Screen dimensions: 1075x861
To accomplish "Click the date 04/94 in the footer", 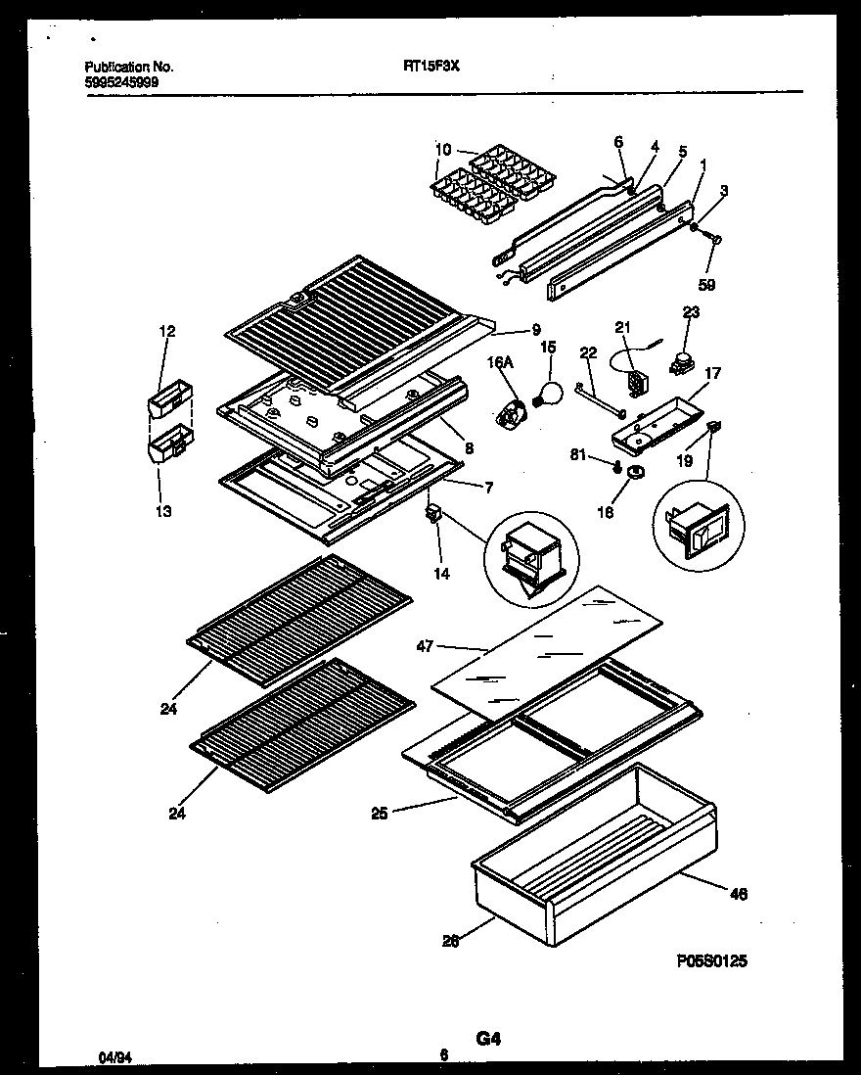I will point(113,1057).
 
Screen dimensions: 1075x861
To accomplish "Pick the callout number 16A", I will point(500,363).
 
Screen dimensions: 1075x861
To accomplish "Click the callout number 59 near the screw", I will point(707,286).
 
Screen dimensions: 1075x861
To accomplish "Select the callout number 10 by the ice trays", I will point(443,150).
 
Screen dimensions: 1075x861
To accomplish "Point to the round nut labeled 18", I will point(634,474).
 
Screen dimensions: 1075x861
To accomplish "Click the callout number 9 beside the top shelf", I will point(536,329).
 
